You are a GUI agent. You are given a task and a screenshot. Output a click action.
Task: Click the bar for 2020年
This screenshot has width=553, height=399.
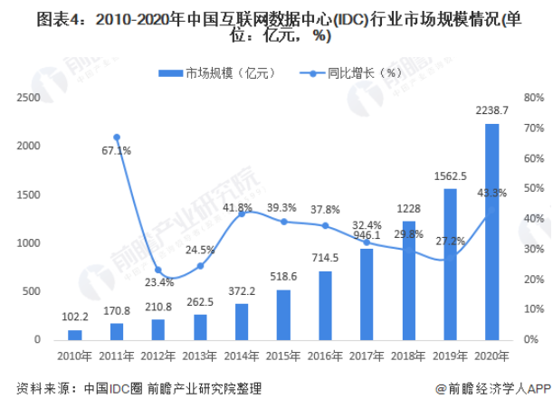(491, 232)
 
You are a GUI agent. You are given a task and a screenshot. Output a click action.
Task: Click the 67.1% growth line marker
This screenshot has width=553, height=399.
(117, 137)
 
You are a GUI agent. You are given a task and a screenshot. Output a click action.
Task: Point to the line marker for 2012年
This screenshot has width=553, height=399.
(158, 270)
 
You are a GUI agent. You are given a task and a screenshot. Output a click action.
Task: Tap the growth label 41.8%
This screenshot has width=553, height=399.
(237, 208)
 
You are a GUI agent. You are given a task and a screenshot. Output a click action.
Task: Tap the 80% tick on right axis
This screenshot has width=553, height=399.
(533, 97)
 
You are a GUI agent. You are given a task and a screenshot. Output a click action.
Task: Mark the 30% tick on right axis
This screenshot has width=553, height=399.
(533, 249)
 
